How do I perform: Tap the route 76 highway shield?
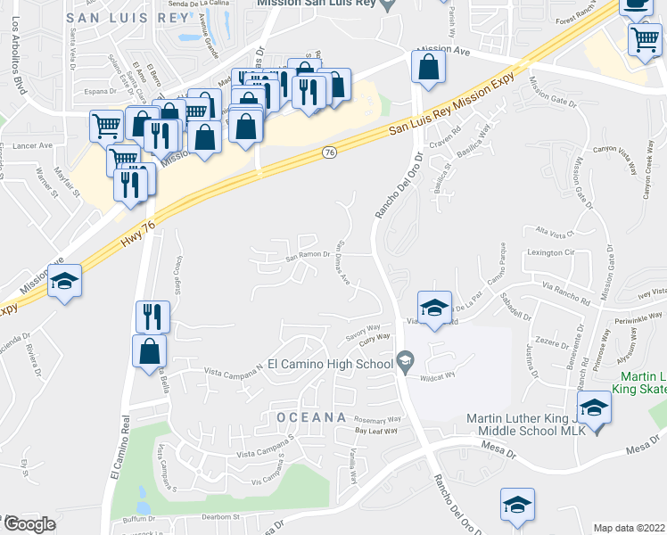pyautogui.click(x=329, y=154)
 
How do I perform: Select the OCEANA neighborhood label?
pyautogui.click(x=310, y=416)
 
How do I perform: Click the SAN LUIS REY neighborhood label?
pyautogui.click(x=128, y=17)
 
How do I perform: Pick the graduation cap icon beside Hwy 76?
pyautogui.click(x=64, y=282)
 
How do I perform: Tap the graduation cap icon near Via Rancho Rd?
pyautogui.click(x=434, y=309)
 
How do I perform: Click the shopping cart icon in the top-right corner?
pyautogui.click(x=644, y=38)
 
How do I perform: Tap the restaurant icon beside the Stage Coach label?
pyautogui.click(x=152, y=317)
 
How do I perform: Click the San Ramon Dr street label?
pyautogui.click(x=309, y=258)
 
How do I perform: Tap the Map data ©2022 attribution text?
pyautogui.click(x=630, y=528)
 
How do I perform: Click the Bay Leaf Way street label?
pyautogui.click(x=375, y=432)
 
